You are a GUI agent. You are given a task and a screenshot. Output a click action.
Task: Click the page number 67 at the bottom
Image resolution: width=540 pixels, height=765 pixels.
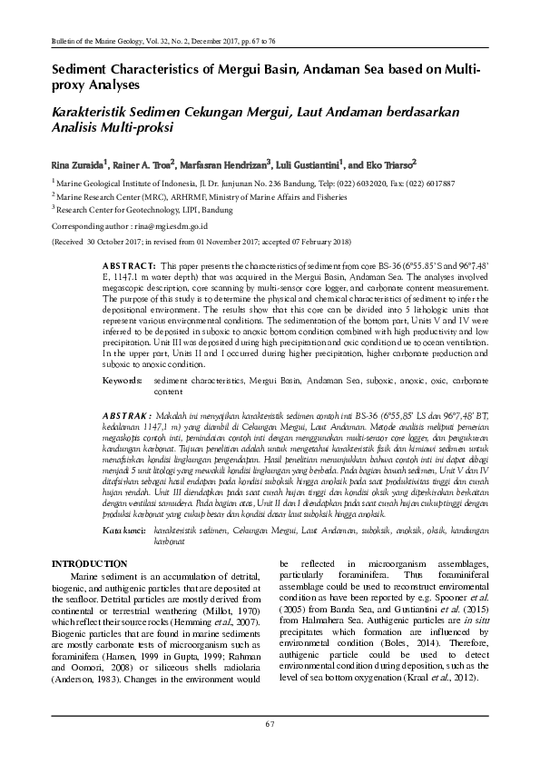270,723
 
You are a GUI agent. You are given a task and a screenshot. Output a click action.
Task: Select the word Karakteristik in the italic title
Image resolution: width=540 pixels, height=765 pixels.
94,111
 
